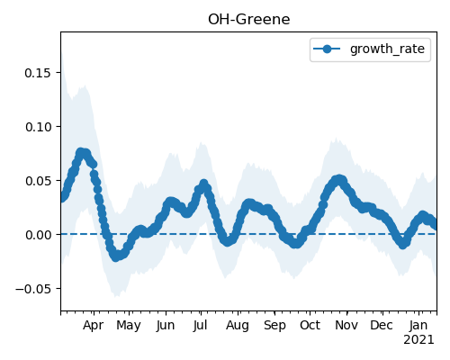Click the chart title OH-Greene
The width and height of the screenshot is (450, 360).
pyautogui.click(x=249, y=20)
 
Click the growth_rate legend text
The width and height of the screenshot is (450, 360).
pyautogui.click(x=387, y=49)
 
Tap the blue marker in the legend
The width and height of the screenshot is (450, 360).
pyautogui.click(x=327, y=49)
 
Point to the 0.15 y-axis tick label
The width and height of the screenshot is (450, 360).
pyautogui.click(x=39, y=73)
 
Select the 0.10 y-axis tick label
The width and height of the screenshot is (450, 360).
pyautogui.click(x=39, y=127)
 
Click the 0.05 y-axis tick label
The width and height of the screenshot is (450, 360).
pyautogui.click(x=39, y=181)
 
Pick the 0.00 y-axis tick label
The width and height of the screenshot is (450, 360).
pyautogui.click(x=39, y=235)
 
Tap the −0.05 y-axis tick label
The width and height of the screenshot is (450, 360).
pyautogui.click(x=33, y=289)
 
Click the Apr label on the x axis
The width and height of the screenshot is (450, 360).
pyautogui.click(x=94, y=326)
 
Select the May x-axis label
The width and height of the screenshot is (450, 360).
pyautogui.click(x=129, y=326)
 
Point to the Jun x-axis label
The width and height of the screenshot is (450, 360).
pyautogui.click(x=166, y=326)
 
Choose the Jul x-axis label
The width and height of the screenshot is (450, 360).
pyautogui.click(x=201, y=326)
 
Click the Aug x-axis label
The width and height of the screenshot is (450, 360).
pyautogui.click(x=238, y=326)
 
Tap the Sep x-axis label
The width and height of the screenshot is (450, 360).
pyautogui.click(x=274, y=326)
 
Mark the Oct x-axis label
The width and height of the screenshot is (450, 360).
pyautogui.click(x=310, y=326)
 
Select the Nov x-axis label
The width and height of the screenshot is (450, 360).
pyautogui.click(x=346, y=326)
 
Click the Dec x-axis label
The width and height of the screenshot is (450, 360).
pyautogui.click(x=382, y=326)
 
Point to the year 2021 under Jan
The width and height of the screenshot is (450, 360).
pyautogui.click(x=418, y=340)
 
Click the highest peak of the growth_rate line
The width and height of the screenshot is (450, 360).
pyautogui.click(x=81, y=152)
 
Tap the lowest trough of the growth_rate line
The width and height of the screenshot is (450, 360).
pyautogui.click(x=116, y=257)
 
